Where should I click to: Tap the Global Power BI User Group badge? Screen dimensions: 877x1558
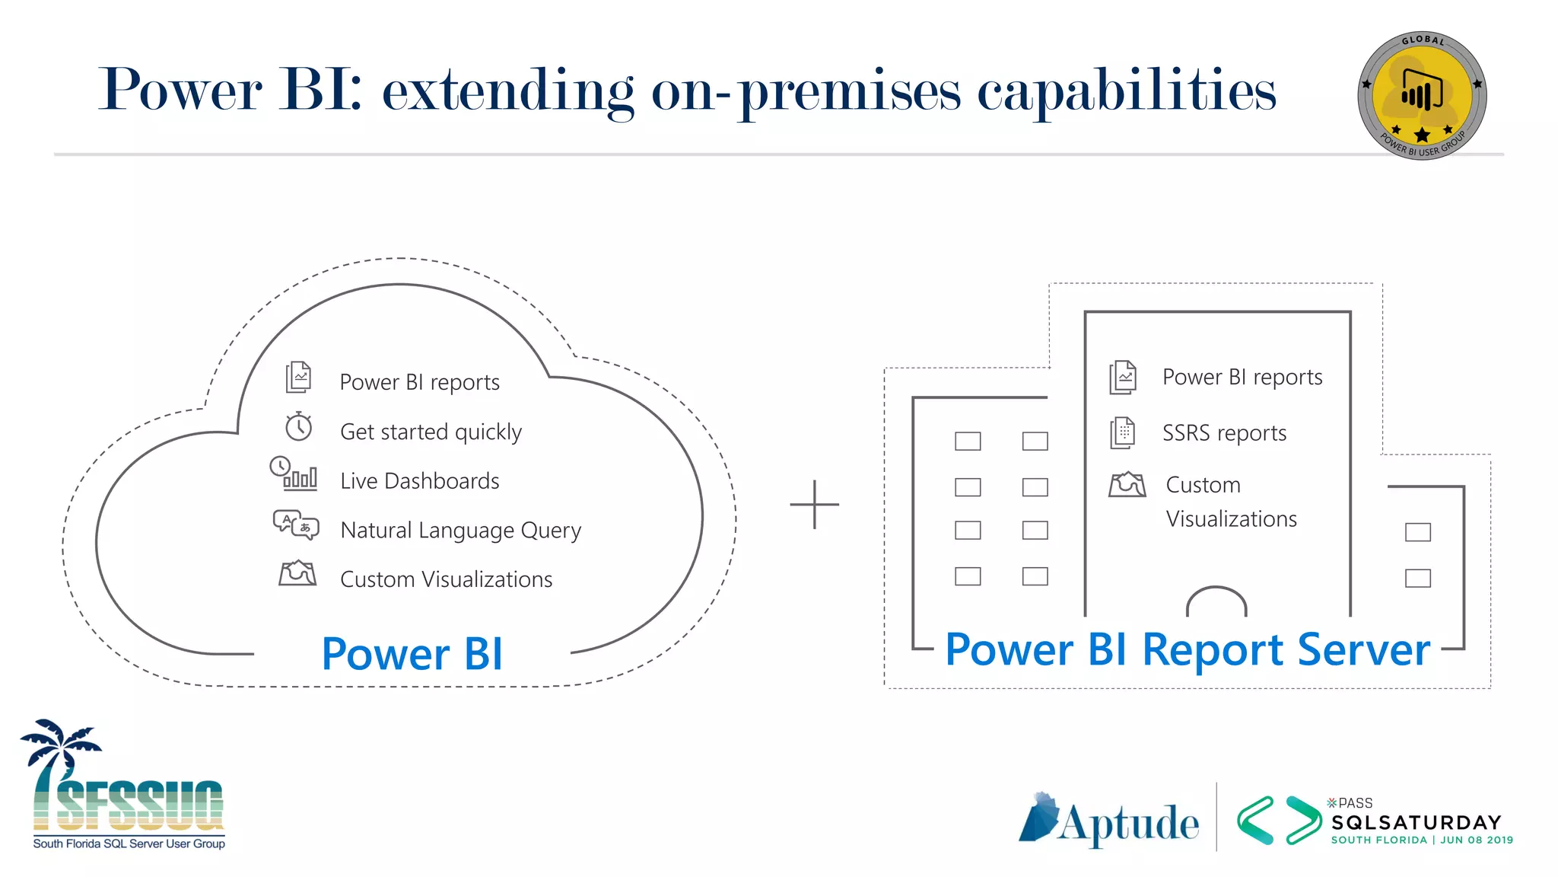pyautogui.click(x=1422, y=96)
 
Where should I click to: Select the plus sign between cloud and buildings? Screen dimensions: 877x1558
pyautogui.click(x=814, y=504)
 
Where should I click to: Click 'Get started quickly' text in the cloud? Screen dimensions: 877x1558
pyautogui.click(x=431, y=432)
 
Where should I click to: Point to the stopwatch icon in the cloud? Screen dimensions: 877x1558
pyautogui.click(x=298, y=426)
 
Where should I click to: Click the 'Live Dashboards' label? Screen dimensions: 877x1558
pyautogui.click(x=419, y=481)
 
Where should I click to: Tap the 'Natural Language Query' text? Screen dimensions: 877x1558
pyautogui.click(x=460, y=530)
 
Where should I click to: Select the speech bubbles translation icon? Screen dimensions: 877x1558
pyautogui.click(x=296, y=525)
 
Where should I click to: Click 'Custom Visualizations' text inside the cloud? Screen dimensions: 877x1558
pyautogui.click(x=446, y=579)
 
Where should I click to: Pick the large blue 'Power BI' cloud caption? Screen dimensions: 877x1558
pyautogui.click(x=412, y=654)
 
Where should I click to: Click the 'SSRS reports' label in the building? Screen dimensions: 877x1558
pyautogui.click(x=1224, y=433)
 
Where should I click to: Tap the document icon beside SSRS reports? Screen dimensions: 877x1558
pyautogui.click(x=1122, y=432)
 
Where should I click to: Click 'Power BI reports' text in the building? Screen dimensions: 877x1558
pyautogui.click(x=1242, y=378)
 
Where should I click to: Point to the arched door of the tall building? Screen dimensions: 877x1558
pyautogui.click(x=1216, y=601)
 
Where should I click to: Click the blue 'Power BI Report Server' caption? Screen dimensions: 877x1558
pyautogui.click(x=1187, y=649)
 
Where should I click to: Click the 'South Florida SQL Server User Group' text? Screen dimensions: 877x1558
pyautogui.click(x=129, y=844)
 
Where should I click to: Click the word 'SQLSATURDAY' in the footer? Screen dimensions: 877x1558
pyautogui.click(x=1416, y=822)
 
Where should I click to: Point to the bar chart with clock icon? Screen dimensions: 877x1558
pyautogui.click(x=294, y=474)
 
